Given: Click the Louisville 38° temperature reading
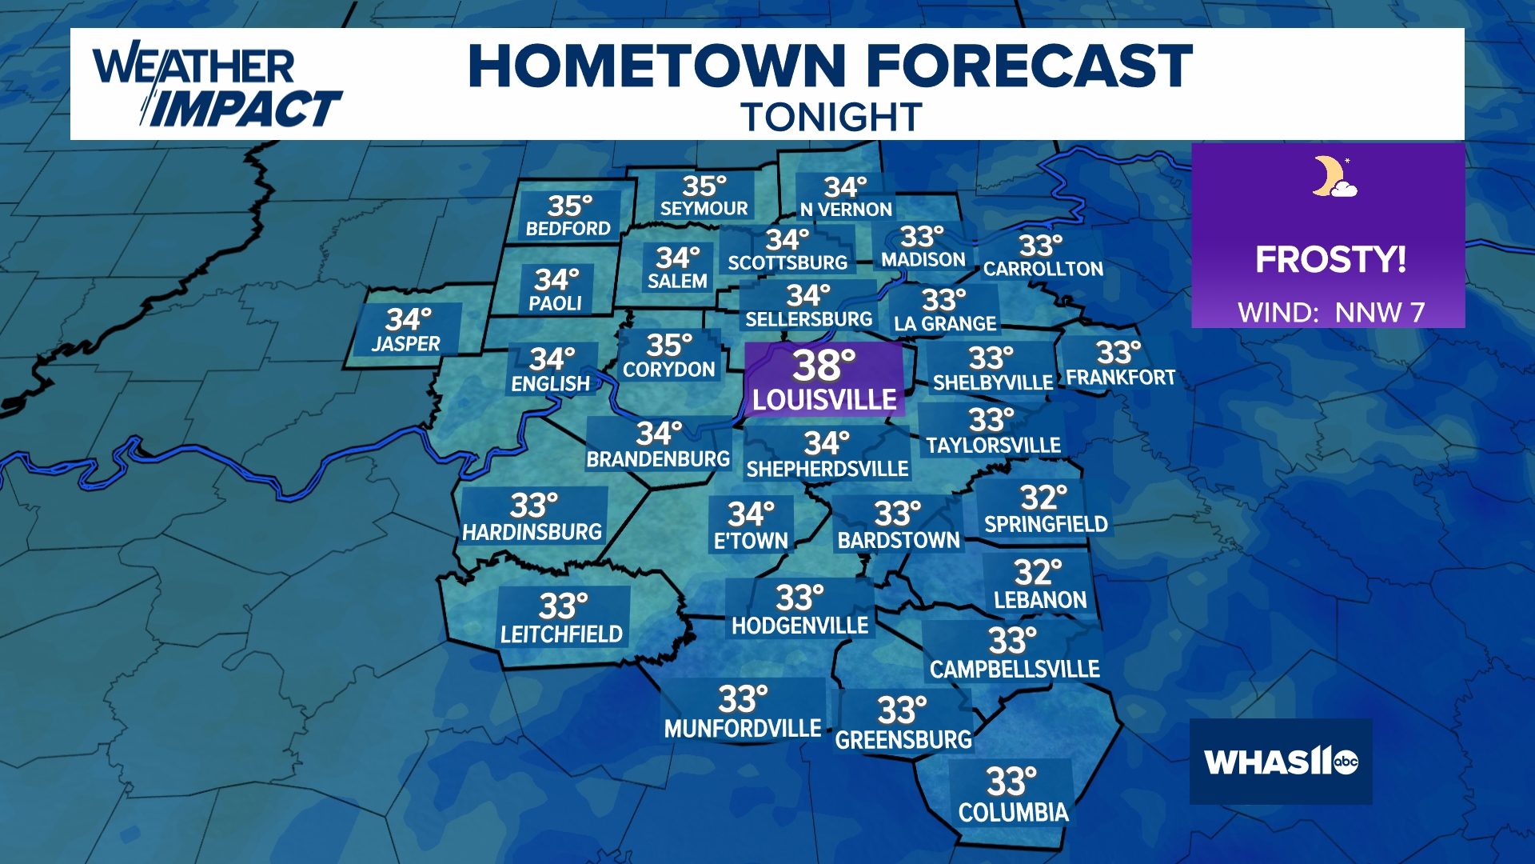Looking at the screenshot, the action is click(823, 366).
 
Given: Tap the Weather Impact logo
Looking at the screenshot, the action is click(216, 86).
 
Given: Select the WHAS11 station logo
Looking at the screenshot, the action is click(1281, 762).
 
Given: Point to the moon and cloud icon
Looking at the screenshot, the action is click(1333, 177).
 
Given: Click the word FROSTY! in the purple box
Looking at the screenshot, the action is click(1330, 259).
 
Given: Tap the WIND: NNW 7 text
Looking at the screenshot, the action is click(1331, 312).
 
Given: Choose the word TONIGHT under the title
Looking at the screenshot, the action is click(831, 118).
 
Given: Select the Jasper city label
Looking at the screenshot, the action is click(406, 344).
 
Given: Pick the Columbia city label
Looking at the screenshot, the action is click(1013, 813).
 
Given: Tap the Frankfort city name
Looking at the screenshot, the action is click(1120, 378).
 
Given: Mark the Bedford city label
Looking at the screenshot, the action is click(568, 229).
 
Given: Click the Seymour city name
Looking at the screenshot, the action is click(704, 209).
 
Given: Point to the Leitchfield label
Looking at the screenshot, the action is click(561, 634).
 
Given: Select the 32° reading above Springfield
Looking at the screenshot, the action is click(1043, 498).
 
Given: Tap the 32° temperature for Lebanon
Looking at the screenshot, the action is click(1038, 573).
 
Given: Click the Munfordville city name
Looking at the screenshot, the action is click(743, 729).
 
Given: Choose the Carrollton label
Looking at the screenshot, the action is click(1043, 269).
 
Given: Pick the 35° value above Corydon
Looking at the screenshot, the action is click(669, 346).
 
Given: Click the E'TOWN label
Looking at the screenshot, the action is click(751, 541).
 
